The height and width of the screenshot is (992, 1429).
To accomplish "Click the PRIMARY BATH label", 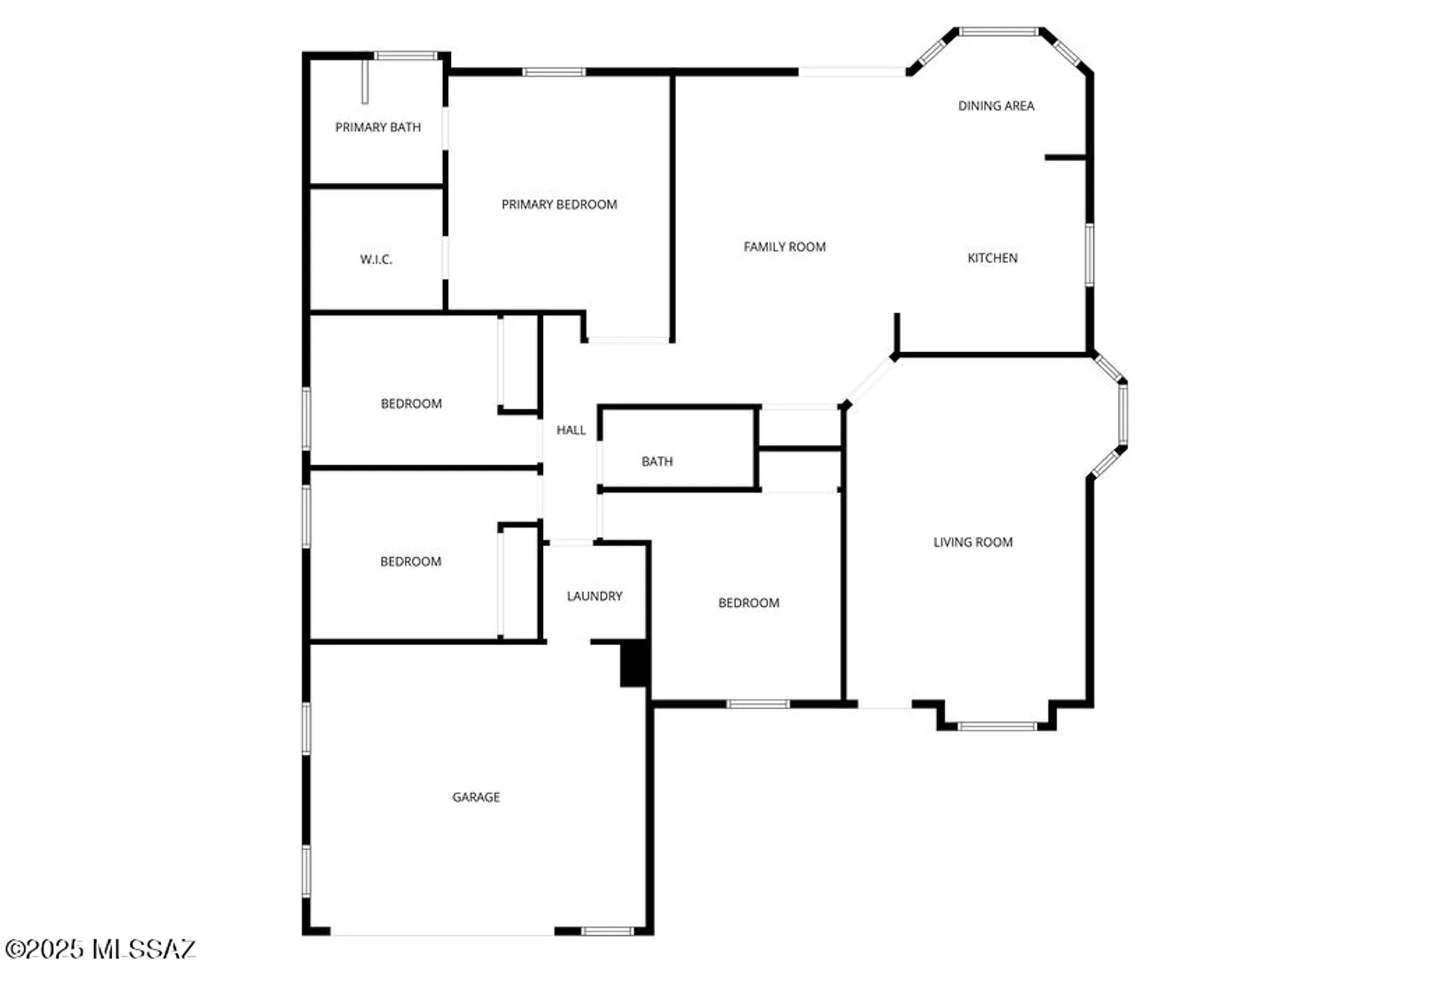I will [378, 127].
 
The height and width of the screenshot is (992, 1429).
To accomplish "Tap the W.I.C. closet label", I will [376, 259].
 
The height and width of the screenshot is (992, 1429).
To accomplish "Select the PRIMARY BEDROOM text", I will [559, 204].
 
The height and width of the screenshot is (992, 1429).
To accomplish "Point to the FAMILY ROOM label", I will [785, 246].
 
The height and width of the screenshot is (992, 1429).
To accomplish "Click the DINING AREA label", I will [996, 106].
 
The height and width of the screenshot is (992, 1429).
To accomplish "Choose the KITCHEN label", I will [992, 258].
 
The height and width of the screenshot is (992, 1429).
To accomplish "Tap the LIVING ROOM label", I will [972, 542].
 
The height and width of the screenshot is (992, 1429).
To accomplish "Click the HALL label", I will [571, 430].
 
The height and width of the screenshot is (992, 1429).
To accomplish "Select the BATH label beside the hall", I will [657, 461].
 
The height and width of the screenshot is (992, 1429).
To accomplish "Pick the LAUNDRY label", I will [594, 596].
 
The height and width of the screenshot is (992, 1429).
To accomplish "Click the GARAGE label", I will [476, 797].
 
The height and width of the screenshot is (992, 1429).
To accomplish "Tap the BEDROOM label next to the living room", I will [748, 603].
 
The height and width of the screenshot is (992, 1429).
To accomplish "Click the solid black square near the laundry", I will [633, 663].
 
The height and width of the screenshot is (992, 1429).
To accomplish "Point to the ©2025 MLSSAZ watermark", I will [100, 949].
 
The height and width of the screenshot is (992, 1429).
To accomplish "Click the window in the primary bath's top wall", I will [406, 56].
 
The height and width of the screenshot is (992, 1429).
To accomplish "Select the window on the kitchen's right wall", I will [1089, 255].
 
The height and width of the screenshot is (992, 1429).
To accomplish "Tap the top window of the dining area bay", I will [998, 31].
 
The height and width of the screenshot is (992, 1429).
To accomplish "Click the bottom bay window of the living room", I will [997, 726].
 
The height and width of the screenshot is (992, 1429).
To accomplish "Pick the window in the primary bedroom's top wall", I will [554, 71].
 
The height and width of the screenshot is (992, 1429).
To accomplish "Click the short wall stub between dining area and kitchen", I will [1065, 157].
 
